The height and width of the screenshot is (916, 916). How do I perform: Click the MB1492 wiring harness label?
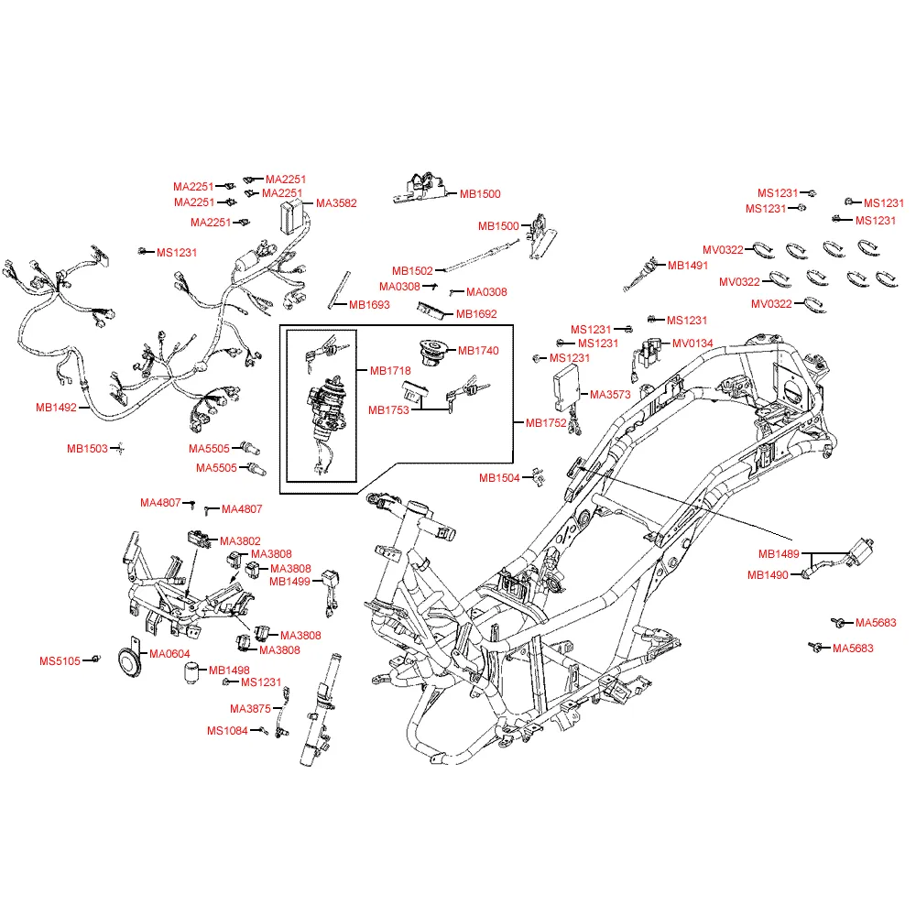tap(56, 408)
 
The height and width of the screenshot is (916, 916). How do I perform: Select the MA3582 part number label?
tap(336, 203)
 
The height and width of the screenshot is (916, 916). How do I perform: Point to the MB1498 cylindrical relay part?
tap(191, 672)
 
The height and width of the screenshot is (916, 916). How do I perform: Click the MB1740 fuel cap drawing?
tap(435, 353)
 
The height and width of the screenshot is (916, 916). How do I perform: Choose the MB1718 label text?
tap(390, 371)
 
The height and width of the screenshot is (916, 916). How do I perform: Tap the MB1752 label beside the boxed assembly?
tap(546, 423)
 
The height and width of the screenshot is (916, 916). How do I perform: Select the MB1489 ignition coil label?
tap(779, 554)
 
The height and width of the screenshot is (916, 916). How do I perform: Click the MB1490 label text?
tap(768, 575)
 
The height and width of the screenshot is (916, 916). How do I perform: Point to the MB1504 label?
tap(499, 478)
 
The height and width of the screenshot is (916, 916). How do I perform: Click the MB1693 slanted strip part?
tap(340, 289)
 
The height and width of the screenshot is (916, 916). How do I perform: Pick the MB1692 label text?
tap(476, 314)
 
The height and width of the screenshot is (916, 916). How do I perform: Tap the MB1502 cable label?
tap(412, 271)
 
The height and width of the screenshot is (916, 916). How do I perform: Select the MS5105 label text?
tap(60, 661)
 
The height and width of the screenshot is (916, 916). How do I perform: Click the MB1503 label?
tap(87, 449)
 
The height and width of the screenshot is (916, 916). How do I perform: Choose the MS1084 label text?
tap(227, 731)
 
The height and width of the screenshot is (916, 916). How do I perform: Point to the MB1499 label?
tap(289, 582)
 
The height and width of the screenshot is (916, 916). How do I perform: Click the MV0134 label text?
tap(692, 343)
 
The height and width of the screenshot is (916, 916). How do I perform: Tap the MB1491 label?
tap(688, 266)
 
